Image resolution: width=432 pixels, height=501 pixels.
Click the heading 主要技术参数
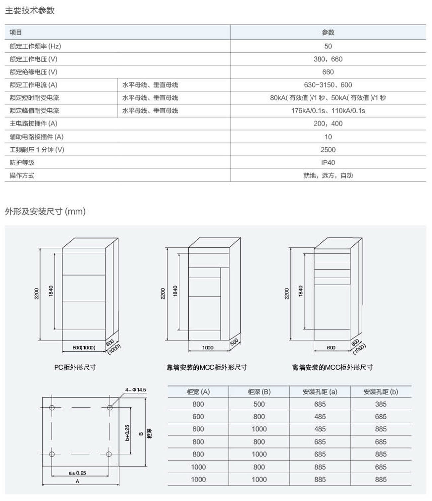click(30, 11)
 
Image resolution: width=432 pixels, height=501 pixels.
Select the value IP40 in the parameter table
click(328, 163)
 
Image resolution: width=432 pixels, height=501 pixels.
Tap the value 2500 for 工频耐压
click(328, 150)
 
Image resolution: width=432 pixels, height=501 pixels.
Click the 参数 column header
click(328, 33)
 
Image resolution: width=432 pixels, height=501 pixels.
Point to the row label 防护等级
click(22, 163)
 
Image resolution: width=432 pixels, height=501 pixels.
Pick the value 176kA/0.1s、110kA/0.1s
click(328, 111)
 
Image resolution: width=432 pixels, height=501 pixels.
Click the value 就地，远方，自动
click(328, 176)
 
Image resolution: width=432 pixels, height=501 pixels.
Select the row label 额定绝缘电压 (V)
click(33, 72)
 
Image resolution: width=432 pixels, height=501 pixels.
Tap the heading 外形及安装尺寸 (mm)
click(45, 211)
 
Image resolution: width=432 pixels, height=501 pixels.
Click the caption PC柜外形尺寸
click(75, 368)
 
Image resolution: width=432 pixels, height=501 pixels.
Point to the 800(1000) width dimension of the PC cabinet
click(84, 348)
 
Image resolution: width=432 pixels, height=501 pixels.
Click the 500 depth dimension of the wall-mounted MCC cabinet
click(234, 342)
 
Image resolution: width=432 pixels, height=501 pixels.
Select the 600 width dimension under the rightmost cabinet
click(331, 348)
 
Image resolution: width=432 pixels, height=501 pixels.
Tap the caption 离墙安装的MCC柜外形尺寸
click(332, 368)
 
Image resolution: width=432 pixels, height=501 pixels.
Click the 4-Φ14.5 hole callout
click(136, 390)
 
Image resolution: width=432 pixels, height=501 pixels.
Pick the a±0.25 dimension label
click(77, 473)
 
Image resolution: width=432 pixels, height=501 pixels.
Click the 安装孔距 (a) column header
click(320, 392)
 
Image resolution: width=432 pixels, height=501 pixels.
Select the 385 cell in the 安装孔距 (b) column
click(380, 404)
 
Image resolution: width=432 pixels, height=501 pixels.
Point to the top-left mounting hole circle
click(52, 407)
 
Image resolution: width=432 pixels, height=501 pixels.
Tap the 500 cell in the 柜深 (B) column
click(259, 404)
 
